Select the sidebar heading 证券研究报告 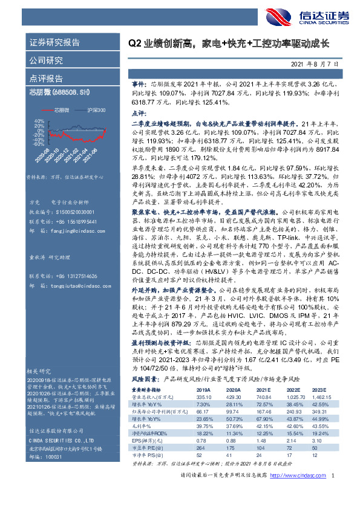click(54, 43)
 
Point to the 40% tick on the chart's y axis click(39, 121)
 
